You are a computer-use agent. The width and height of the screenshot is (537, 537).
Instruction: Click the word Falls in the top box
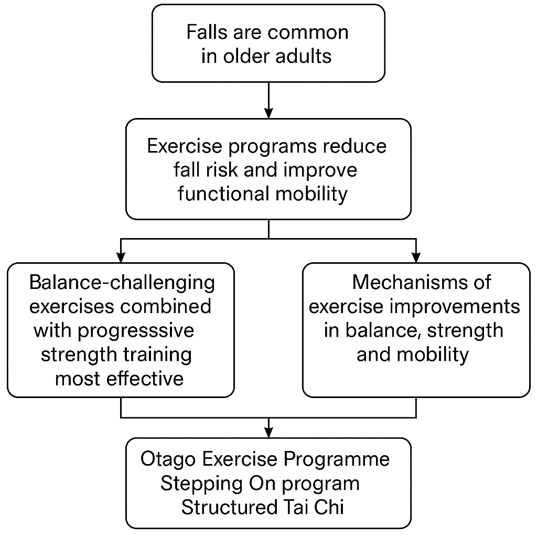pyautogui.click(x=207, y=32)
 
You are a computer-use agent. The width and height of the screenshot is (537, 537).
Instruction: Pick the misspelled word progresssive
pyautogui.click(x=136, y=331)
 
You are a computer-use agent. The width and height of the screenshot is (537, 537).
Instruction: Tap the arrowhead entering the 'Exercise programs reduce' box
pyautogui.click(x=269, y=113)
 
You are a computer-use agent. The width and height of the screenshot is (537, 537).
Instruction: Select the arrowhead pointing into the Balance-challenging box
pyautogui.click(x=121, y=257)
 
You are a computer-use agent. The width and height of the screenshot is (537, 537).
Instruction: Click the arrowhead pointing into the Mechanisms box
pyautogui.click(x=416, y=257)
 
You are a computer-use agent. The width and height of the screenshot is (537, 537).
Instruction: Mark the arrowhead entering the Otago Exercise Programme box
pyautogui.click(x=269, y=433)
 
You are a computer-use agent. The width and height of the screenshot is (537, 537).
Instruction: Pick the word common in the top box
pyautogui.click(x=308, y=33)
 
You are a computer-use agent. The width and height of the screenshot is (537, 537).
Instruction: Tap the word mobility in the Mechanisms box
pyautogui.click(x=433, y=355)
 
